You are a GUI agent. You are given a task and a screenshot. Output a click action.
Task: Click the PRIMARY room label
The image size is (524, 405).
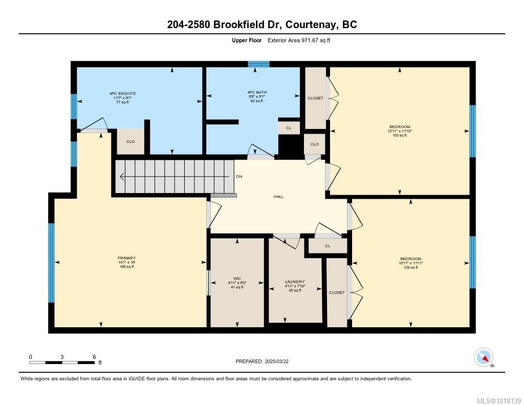click(126, 258)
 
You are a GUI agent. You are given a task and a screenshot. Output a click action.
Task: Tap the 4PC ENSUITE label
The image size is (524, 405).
click(122, 94)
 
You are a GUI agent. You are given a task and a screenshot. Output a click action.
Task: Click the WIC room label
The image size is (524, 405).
click(237, 279)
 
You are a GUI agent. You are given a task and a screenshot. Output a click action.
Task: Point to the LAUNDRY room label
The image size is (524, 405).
click(295, 282)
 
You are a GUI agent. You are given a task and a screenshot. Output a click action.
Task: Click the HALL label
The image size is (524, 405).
click(278, 197)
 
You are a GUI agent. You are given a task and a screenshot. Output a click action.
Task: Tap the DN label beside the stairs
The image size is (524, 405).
click(239, 177)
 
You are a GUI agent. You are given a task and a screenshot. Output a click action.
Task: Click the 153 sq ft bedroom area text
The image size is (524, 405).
click(400, 135)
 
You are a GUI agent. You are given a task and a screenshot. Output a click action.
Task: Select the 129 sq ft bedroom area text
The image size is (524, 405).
click(410, 267)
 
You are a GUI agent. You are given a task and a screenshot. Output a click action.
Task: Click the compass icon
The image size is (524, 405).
click(484, 356)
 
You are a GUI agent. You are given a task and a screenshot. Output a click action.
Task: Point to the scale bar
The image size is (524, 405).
click(62, 363)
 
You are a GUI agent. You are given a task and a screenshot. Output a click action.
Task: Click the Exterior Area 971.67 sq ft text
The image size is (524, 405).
click(299, 40)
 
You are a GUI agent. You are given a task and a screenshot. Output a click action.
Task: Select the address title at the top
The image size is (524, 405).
click(262, 25)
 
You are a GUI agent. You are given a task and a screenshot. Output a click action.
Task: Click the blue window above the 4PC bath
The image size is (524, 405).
click(258, 64)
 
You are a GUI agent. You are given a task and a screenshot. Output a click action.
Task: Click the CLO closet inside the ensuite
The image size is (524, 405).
click(130, 141)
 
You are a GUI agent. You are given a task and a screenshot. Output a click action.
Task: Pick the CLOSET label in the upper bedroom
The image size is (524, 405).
click(315, 98)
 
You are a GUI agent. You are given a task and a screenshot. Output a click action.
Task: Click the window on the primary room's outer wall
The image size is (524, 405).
click(51, 263)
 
